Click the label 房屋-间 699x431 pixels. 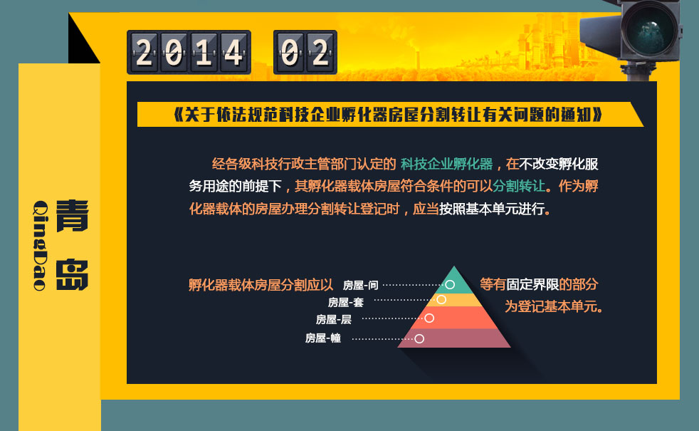(360, 285)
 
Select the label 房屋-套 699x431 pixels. (345, 303)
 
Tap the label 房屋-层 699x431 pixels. (333, 319)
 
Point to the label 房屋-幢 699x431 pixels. (322, 338)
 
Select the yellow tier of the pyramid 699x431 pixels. (454, 300)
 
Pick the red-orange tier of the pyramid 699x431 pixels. (454, 318)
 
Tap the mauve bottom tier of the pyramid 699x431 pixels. (454, 338)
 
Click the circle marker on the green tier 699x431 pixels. (450, 285)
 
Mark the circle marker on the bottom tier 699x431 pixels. (419, 338)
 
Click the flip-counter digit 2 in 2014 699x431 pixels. (144, 52)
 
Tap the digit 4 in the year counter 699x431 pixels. (233, 52)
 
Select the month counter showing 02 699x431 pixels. (305, 52)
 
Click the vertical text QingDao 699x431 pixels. (41, 245)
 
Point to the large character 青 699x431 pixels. (72, 216)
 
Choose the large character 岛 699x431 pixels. (72, 274)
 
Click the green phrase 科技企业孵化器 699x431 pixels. (447, 164)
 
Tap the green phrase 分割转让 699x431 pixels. (519, 186)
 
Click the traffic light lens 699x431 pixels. (650, 29)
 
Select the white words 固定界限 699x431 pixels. (532, 284)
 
